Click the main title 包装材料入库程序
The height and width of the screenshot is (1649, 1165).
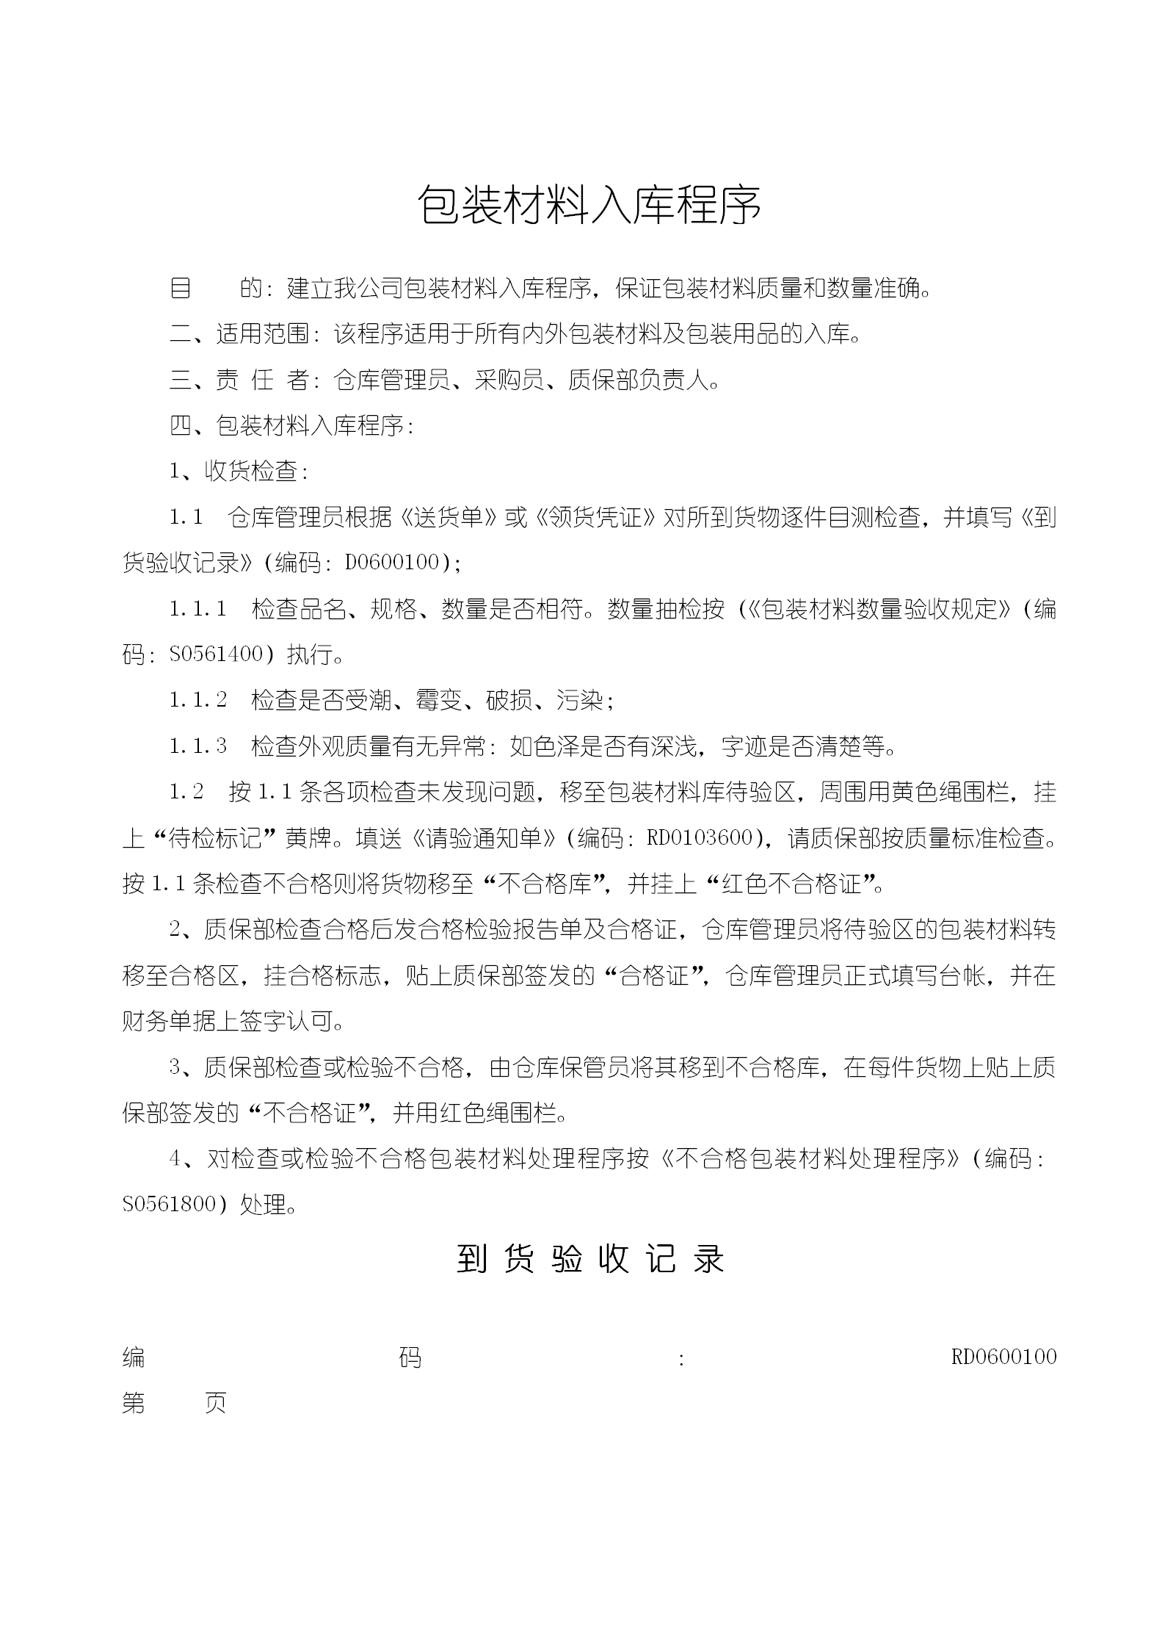pos(589,203)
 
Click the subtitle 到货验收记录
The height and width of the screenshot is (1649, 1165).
pos(590,1258)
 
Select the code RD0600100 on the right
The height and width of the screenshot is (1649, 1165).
pos(1004,1356)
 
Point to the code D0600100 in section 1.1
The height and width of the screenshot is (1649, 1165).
pos(392,563)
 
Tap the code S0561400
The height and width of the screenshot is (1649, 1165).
pos(216,654)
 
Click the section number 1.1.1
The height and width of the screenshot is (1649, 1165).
pos(198,608)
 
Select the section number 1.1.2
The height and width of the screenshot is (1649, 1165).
pos(198,699)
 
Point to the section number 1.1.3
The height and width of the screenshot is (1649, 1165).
pos(198,746)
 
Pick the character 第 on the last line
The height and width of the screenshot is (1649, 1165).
pos(134,1402)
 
